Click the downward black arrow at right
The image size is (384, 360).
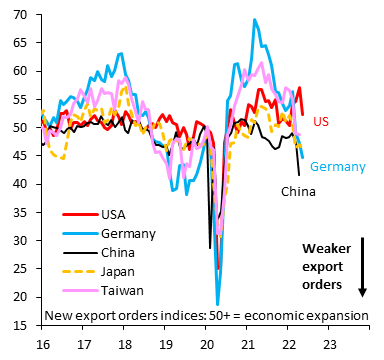pyautogui.click(x=362, y=269)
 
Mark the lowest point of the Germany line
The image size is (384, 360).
pyautogui.click(x=217, y=304)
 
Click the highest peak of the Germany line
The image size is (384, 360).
pyautogui.click(x=255, y=20)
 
